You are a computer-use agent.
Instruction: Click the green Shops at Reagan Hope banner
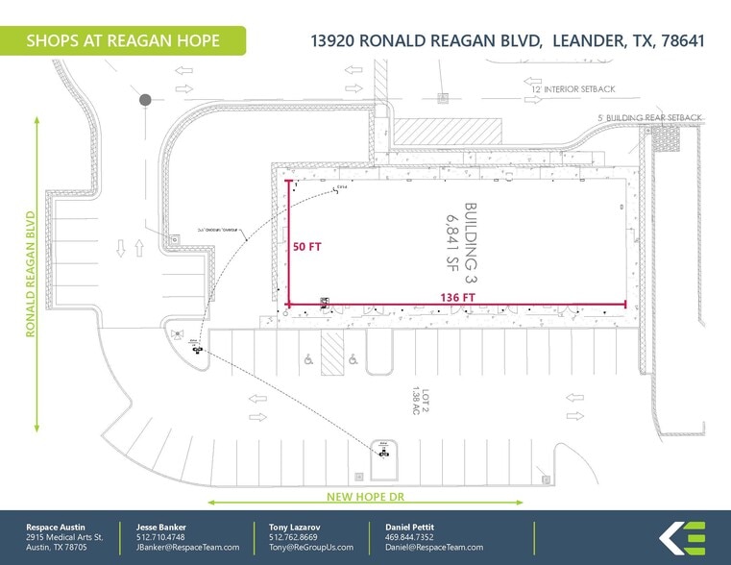[x=122, y=40]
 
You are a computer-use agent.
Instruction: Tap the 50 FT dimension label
[x=308, y=246]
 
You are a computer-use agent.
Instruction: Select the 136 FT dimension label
[x=457, y=297]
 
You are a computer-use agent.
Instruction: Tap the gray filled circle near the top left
[x=145, y=99]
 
